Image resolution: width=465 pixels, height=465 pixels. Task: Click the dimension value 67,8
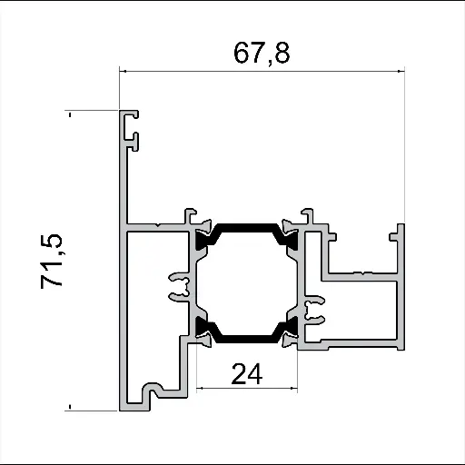(262, 54)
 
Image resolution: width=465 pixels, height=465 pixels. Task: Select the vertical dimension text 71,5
(52, 262)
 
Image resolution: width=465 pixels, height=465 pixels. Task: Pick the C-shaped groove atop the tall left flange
(134, 128)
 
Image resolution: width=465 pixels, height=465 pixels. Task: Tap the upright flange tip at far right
(397, 231)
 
